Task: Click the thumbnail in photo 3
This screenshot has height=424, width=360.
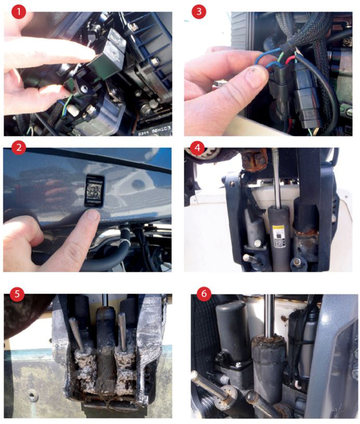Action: tap(256, 71)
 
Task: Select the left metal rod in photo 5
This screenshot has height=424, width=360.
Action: tap(76, 335)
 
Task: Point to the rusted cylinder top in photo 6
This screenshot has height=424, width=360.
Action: tap(268, 343)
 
